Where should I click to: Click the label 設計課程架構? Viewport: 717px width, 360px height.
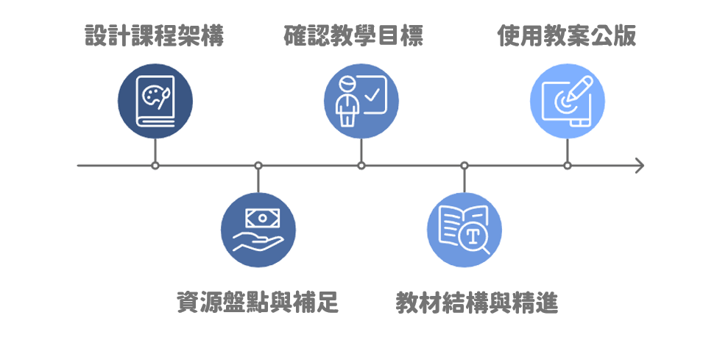155,35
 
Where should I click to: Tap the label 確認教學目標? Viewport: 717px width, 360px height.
353,35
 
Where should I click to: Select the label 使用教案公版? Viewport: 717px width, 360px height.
567,35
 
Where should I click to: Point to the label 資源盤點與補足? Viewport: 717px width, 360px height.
258,302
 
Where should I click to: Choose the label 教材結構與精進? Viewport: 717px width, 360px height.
476,303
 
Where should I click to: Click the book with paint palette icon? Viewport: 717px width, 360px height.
155,101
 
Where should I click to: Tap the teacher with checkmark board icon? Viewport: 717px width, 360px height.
361,101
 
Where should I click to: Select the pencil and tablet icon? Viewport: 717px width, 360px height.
568,101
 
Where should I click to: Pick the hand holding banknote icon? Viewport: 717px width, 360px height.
258,230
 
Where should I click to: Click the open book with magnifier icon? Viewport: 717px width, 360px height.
465,230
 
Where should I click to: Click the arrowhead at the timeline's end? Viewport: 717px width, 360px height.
640,166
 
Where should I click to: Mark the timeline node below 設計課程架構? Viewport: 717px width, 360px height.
155,166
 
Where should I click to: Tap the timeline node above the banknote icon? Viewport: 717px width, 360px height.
258,166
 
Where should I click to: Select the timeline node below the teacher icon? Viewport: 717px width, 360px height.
361,166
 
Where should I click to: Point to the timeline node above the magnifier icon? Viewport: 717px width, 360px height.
465,166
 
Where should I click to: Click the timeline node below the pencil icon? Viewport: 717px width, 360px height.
568,166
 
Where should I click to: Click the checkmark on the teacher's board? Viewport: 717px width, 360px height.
372,95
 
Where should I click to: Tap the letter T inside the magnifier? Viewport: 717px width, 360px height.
473,236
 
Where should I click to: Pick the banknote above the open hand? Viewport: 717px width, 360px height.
263,218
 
